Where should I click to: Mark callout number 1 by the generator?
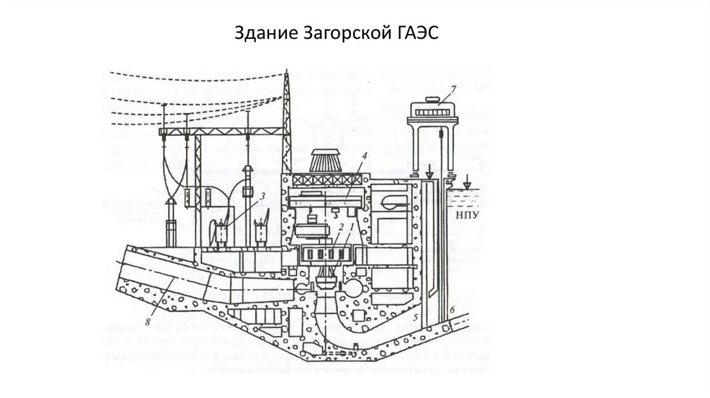pos(352,227)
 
